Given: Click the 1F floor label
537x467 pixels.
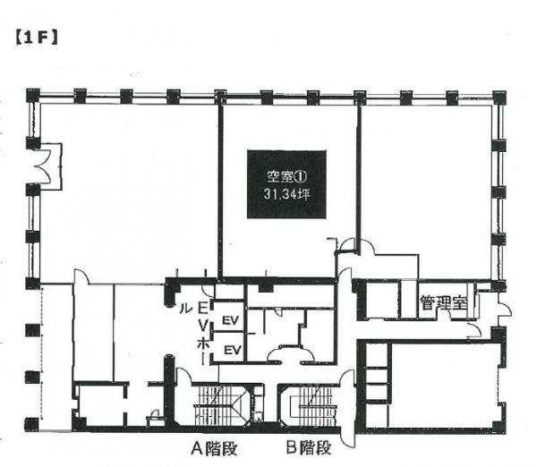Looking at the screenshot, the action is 37,38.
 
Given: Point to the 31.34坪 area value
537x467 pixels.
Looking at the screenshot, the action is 286,194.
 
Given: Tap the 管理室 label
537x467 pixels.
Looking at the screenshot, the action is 444,302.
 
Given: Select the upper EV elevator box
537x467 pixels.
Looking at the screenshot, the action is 229,318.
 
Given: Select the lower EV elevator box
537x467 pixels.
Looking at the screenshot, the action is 229,347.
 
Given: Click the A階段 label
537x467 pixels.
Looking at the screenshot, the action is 214,448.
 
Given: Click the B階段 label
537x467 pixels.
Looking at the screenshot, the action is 309,447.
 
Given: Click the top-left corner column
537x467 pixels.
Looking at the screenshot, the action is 33,95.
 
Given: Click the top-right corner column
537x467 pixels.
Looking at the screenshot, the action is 499,97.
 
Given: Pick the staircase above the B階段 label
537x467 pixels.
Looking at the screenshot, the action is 311,405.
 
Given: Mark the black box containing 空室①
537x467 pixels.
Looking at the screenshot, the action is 286,184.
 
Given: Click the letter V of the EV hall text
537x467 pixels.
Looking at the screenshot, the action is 203,326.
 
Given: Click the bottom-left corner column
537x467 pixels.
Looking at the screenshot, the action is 31,423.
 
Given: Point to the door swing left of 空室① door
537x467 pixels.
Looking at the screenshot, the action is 348,244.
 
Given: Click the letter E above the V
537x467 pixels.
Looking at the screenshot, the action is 203,309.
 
